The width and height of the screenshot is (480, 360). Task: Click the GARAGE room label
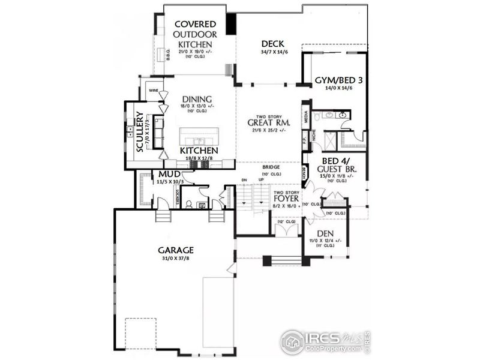tap(175, 249)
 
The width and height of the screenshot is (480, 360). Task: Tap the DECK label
tap(272, 44)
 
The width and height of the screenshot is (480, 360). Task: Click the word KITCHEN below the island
tap(199, 151)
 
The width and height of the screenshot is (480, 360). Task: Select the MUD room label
tap(169, 174)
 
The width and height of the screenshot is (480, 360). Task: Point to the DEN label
tap(326, 233)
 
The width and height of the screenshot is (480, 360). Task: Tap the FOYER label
tap(287, 198)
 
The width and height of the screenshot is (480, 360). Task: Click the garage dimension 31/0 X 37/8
tap(175, 259)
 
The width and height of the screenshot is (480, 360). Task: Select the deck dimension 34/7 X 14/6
tap(272, 53)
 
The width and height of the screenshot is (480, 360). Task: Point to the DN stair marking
tap(244, 179)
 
